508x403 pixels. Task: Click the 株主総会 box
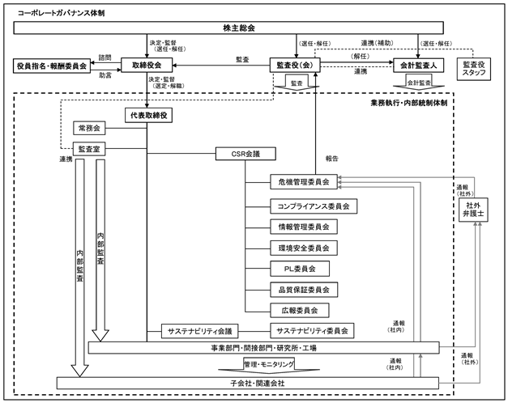(228, 28)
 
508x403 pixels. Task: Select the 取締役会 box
(147, 65)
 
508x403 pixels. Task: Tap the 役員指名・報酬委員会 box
(52, 66)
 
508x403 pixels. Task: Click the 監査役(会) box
(295, 65)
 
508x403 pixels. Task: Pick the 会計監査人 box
(418, 66)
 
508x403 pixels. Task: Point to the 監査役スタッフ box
(474, 69)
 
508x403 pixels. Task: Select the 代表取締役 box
(149, 116)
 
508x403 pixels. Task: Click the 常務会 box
(89, 128)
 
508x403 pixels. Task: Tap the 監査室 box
(89, 149)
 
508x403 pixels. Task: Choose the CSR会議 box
(245, 154)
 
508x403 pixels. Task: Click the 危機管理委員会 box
(304, 182)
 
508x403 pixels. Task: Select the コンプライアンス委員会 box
(314, 206)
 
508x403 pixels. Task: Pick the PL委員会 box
(300, 269)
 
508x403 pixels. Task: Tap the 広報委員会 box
(300, 311)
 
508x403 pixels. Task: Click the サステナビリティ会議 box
(200, 331)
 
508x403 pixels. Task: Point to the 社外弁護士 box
(473, 210)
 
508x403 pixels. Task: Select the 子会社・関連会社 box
(248, 383)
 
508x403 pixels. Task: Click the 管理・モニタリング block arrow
(269, 366)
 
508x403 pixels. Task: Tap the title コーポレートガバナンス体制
(61, 13)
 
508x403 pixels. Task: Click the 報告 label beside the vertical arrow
(331, 159)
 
